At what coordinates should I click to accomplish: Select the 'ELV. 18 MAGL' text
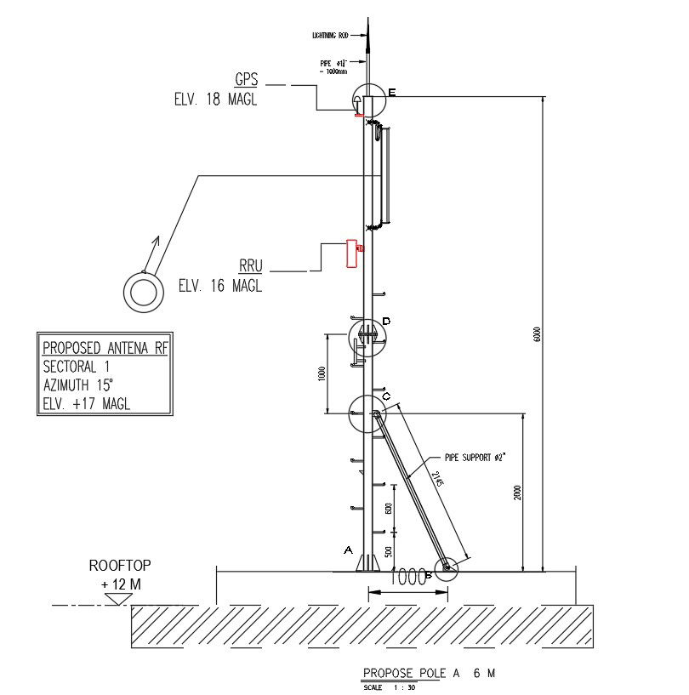212,100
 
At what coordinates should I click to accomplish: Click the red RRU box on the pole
350,253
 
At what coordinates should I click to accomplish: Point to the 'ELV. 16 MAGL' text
220,286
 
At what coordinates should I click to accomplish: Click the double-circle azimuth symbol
144,293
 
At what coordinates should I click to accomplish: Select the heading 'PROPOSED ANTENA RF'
105,347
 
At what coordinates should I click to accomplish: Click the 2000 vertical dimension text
517,493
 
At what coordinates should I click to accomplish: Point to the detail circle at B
445,570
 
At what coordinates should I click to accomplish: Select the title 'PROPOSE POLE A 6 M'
428,673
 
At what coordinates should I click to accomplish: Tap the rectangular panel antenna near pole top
385,176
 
